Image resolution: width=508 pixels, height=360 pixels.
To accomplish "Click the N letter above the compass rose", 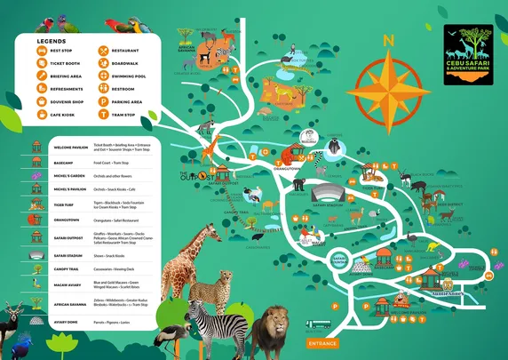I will pyautogui.click(x=386, y=41).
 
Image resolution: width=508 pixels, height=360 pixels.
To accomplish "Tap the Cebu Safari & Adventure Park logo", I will pyautogui.click(x=468, y=54).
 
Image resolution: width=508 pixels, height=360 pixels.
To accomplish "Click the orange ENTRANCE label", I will pyautogui.click(x=321, y=342).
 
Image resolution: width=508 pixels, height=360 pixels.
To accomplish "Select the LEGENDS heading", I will pyautogui.click(x=52, y=41).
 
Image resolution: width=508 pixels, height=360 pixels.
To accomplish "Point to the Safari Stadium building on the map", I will pyautogui.click(x=326, y=195).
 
